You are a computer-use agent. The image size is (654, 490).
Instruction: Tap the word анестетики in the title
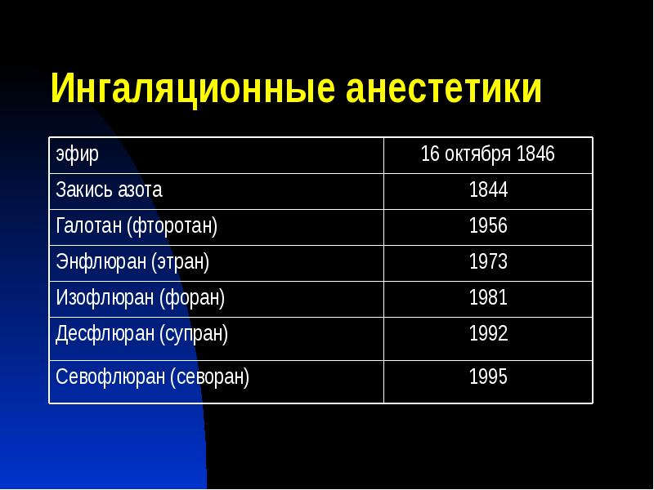click(x=444, y=88)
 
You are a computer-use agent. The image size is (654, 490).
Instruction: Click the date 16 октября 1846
click(x=488, y=154)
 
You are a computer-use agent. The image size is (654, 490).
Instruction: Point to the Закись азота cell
click(x=109, y=190)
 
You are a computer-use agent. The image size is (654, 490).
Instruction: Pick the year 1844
click(x=488, y=190)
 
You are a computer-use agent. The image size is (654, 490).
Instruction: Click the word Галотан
click(x=88, y=226)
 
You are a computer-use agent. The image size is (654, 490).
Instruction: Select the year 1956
click(x=488, y=226)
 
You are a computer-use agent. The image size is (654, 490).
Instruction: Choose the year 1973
click(x=488, y=262)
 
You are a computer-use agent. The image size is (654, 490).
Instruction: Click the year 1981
click(x=488, y=298)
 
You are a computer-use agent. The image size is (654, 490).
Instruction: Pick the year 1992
click(x=488, y=334)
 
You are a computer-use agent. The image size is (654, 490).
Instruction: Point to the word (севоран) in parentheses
click(x=209, y=377)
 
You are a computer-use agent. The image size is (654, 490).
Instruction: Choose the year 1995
click(x=488, y=377)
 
